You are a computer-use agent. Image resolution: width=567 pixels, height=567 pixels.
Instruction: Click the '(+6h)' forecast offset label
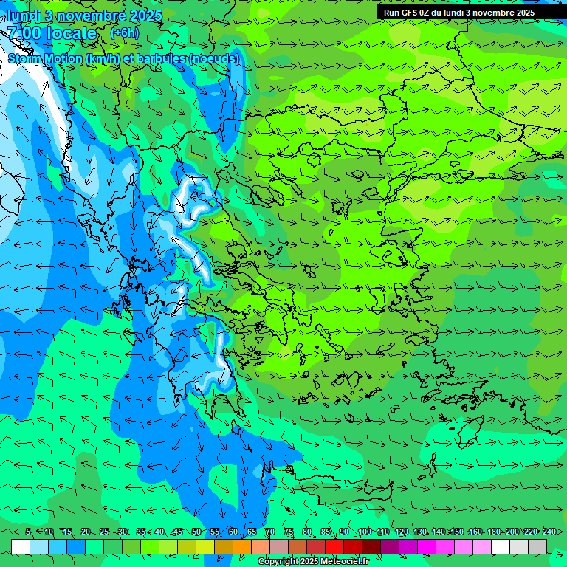(123, 33)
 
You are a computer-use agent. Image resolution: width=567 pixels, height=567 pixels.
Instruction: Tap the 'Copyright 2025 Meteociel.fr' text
(314, 562)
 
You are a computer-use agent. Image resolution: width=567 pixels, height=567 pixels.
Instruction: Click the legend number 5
(28, 532)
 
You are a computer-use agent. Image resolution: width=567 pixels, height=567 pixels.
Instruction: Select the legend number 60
(233, 532)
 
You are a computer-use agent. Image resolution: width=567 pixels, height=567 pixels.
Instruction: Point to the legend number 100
(364, 532)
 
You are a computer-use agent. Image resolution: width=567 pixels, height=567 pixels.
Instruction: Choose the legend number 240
(549, 532)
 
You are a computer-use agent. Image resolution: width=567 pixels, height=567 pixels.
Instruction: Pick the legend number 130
(419, 532)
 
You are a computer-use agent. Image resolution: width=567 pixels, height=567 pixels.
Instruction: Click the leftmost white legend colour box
(21, 546)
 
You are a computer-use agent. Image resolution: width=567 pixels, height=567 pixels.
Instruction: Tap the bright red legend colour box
(334, 546)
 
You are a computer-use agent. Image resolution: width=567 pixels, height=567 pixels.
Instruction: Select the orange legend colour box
(242, 546)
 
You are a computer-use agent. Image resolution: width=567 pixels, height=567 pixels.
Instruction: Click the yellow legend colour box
(205, 546)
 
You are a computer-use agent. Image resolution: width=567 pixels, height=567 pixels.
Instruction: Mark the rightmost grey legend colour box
(537, 546)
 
